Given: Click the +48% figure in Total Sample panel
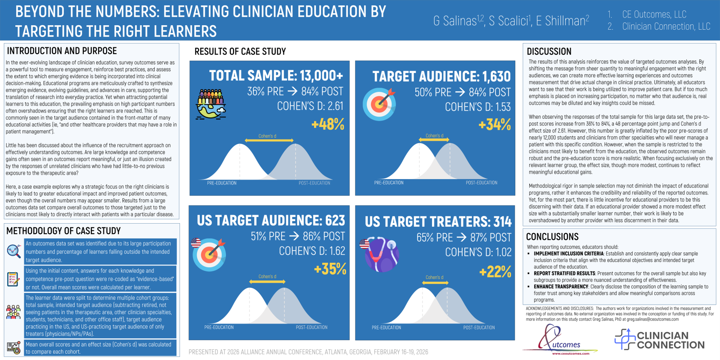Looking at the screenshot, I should [x=328, y=124].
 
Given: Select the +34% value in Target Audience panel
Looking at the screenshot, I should [x=495, y=125].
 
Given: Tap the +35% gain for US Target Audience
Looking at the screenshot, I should [x=330, y=269].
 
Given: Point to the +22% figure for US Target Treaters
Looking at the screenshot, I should [x=495, y=271].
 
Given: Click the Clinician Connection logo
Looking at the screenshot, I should [x=660, y=340].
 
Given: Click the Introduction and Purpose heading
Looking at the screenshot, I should [x=62, y=51].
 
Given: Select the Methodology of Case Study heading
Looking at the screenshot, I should [x=63, y=231].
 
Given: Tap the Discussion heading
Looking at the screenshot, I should [x=549, y=51].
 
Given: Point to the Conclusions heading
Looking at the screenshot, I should [x=552, y=237].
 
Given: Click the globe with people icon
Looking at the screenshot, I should [x=211, y=103].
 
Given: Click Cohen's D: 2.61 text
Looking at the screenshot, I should [x=310, y=106].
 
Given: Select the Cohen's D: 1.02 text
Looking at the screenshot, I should [x=478, y=252].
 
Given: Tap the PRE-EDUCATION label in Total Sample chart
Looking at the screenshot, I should [x=221, y=183].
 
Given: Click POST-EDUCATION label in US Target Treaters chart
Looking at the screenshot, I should [x=479, y=328].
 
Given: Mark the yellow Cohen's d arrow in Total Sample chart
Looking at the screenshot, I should [x=269, y=141].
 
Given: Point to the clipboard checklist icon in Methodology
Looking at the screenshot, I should [x=13, y=279].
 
